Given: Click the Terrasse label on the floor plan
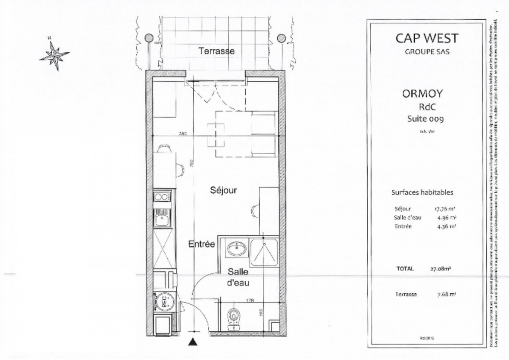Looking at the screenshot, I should point(216,51).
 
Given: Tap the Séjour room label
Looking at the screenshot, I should point(223,190).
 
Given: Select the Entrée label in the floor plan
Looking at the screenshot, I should point(202,244).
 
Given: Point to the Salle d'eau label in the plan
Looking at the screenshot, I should point(238,277).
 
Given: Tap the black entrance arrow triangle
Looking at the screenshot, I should point(193,343).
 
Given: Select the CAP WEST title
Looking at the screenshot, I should point(427,38).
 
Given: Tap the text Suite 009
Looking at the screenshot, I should point(425,119).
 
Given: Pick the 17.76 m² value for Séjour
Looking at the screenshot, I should point(445,209).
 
